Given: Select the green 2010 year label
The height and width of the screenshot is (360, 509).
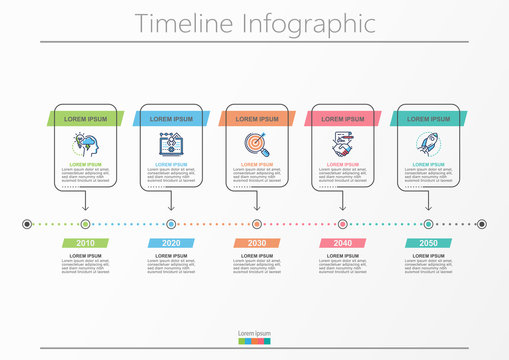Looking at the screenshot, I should coord(86,243).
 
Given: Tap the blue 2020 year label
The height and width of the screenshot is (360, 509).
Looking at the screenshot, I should coord(171,243).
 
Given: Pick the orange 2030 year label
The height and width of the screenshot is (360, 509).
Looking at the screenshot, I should coord(257,243).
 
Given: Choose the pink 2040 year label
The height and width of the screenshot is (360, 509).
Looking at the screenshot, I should coord(343,243).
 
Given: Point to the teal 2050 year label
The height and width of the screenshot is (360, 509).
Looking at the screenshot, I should coord(428,243).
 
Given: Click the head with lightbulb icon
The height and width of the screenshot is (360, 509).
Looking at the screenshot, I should coord(85,144).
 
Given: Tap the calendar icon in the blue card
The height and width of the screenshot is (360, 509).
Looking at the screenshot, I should coord(171,144).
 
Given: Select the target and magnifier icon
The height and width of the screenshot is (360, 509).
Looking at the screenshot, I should coord(257,144).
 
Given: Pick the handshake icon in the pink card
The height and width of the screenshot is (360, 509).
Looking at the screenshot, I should coord(343,144).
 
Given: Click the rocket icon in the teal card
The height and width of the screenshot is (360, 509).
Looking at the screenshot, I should coord(428,144).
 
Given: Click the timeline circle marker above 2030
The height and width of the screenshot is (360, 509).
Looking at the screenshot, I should coord(257,224).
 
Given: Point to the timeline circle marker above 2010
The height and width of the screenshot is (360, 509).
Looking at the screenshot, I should coord(86,224).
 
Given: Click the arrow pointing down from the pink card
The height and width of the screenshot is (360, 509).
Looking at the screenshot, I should coord(343,203).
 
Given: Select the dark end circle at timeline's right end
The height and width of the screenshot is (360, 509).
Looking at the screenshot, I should coord(482,224).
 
